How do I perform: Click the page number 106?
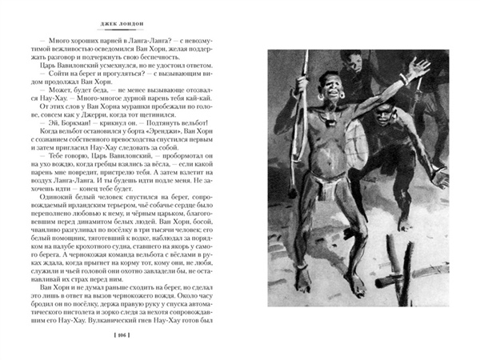pos(121,334)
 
